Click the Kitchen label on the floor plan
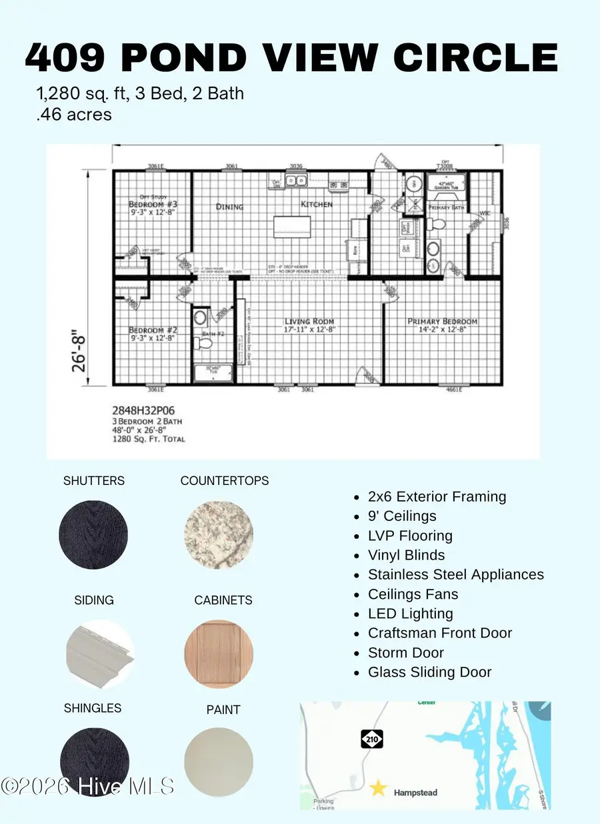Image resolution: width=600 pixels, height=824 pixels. pyautogui.click(x=316, y=204)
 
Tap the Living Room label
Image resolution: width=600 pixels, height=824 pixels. pyautogui.click(x=309, y=322)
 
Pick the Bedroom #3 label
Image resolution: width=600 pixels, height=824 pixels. pyautogui.click(x=151, y=204)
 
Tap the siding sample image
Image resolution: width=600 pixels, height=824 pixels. pyautogui.click(x=100, y=649)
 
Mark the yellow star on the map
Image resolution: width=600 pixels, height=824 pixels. pyautogui.click(x=378, y=789)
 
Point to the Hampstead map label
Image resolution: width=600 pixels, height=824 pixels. pyautogui.click(x=416, y=793)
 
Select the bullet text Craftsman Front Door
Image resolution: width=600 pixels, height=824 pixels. pyautogui.click(x=439, y=633)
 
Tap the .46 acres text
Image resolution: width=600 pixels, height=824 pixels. pyautogui.click(x=74, y=115)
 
